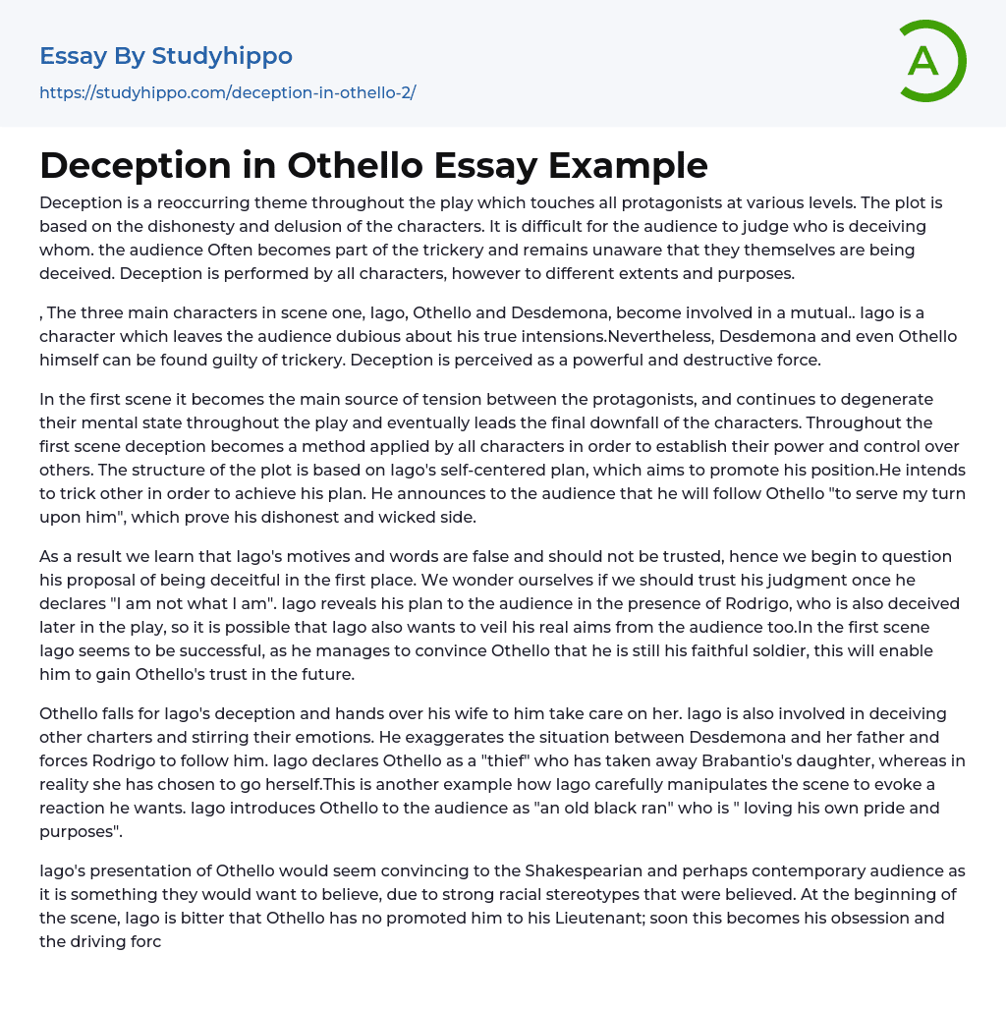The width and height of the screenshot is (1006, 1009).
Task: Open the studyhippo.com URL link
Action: click(227, 92)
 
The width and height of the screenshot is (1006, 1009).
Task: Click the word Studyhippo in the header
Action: click(222, 56)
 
